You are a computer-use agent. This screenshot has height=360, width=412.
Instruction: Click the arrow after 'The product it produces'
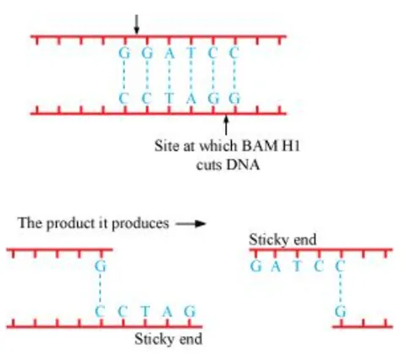click(x=191, y=225)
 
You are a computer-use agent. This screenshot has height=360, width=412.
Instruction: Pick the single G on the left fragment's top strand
click(x=101, y=266)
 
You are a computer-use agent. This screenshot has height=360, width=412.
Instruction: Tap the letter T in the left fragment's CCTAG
click(x=147, y=312)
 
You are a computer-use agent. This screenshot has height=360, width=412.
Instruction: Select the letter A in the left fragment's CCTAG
click(x=169, y=312)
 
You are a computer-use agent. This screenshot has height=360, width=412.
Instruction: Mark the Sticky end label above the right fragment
click(x=283, y=240)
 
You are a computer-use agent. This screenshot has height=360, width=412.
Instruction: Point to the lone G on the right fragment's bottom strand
click(x=340, y=312)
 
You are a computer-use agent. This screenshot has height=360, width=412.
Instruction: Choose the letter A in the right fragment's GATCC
click(x=276, y=266)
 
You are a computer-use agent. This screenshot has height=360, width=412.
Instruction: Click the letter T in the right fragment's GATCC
click(x=298, y=266)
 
